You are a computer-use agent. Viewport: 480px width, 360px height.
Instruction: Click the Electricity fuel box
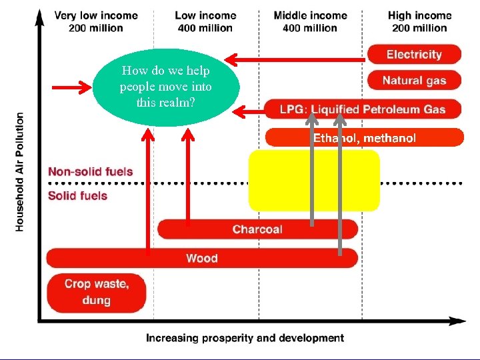[414, 55]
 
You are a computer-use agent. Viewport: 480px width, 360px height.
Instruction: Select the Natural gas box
[414, 81]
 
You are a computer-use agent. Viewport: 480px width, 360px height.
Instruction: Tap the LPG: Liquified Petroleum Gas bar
[364, 109]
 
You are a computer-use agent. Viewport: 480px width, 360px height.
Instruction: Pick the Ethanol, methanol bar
[364, 138]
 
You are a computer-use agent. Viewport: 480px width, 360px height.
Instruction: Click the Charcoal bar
[257, 229]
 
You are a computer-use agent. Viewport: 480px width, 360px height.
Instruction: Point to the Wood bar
[201, 258]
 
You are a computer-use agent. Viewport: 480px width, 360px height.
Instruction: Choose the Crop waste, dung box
[97, 292]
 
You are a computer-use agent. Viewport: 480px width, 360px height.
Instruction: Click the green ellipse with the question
[165, 87]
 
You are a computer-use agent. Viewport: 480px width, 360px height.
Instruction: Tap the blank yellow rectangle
[313, 180]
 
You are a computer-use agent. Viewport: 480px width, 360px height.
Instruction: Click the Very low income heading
[96, 21]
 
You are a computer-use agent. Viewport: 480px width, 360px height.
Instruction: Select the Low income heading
[205, 21]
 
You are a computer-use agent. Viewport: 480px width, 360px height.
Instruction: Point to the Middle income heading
[310, 21]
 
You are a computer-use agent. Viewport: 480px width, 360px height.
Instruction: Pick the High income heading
[419, 21]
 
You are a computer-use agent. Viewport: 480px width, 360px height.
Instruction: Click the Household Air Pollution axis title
[20, 172]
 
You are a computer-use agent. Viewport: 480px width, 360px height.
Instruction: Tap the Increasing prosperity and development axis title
[245, 338]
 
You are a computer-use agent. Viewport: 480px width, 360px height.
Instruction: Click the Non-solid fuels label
[90, 171]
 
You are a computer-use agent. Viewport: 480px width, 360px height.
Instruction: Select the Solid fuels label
[77, 195]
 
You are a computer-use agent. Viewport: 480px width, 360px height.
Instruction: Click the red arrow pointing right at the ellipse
[72, 87]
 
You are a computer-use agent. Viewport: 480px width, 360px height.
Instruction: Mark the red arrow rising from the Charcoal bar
[189, 177]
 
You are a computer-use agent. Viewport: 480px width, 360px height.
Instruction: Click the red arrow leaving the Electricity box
[297, 60]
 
